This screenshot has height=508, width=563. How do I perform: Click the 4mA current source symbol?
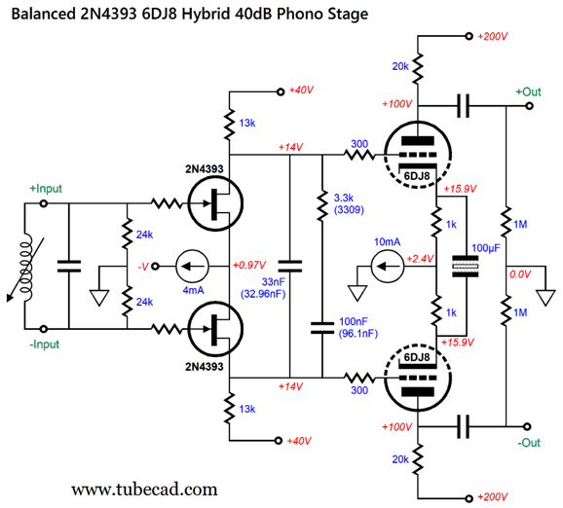click(x=192, y=267)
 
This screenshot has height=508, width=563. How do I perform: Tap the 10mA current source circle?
click(x=387, y=267)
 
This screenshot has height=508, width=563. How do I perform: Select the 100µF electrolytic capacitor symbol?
click(x=466, y=267)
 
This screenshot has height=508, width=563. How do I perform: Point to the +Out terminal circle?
click(x=529, y=106)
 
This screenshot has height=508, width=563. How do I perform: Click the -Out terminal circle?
click(x=527, y=426)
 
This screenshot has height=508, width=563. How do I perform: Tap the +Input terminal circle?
click(x=44, y=203)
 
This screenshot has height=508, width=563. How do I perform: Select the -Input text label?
click(x=44, y=345)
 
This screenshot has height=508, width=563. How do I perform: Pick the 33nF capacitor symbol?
click(x=290, y=267)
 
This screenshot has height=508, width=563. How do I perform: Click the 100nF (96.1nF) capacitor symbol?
click(x=322, y=328)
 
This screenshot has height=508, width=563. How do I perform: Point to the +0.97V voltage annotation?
click(x=249, y=265)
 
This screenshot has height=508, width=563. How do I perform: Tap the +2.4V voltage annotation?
click(x=420, y=258)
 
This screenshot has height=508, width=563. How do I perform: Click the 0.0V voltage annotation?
click(x=520, y=274)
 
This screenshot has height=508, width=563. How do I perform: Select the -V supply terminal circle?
click(x=155, y=267)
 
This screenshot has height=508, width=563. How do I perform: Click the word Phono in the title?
click(x=298, y=14)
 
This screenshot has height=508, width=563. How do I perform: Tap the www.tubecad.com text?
click(x=144, y=490)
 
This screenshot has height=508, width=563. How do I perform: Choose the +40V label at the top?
click(x=301, y=90)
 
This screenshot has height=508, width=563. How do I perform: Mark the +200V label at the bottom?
click(x=492, y=497)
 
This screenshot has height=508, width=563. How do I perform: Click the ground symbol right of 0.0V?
click(x=545, y=298)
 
